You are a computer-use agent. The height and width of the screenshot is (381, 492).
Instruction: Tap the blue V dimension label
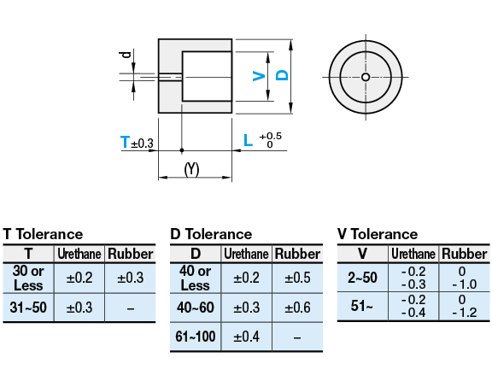[259, 76]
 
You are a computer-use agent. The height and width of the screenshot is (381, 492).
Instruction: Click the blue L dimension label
[248, 140]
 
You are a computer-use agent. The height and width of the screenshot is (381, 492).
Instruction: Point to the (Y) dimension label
[192, 169]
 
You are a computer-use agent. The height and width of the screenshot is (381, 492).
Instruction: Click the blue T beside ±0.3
[126, 143]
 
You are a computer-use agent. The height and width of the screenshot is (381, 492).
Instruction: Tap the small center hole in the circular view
[366, 77]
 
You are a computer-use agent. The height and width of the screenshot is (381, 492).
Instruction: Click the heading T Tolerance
[44, 234]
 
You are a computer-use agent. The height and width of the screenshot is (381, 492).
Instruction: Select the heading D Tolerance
[211, 234]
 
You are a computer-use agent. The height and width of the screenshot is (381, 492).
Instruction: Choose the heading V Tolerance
[378, 234]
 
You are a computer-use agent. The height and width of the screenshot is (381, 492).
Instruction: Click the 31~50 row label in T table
[28, 308]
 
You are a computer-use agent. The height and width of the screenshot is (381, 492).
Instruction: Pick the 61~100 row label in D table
[196, 337]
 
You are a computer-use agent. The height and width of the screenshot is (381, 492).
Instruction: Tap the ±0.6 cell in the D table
[297, 308]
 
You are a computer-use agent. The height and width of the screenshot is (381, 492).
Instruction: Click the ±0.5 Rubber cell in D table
[297, 278]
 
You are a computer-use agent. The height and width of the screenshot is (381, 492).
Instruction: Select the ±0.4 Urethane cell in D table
[246, 337]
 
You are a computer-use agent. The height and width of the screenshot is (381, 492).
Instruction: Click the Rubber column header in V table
[465, 254]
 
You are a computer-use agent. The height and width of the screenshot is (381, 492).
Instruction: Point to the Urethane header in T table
[79, 254]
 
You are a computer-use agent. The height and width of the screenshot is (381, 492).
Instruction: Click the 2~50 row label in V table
[362, 278]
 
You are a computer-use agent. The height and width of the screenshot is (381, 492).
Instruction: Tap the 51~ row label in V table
[362, 306]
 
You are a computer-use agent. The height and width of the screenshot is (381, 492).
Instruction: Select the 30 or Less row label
[28, 278]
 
